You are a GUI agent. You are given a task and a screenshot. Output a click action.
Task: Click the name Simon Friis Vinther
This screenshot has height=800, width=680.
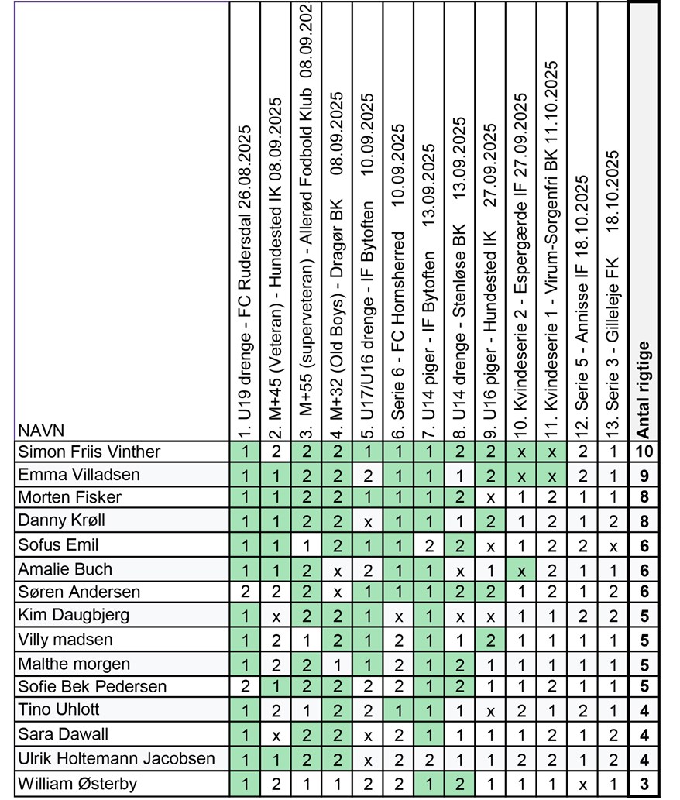click(x=89, y=452)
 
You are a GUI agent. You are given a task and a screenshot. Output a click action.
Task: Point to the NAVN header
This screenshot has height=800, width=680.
click(x=43, y=431)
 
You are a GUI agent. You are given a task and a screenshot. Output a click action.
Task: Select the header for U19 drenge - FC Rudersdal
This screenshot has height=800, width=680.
click(x=246, y=279)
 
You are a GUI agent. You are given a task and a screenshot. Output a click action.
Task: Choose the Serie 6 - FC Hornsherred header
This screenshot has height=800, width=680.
click(x=399, y=279)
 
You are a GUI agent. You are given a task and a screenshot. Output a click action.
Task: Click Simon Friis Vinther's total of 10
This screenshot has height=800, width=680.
click(x=644, y=452)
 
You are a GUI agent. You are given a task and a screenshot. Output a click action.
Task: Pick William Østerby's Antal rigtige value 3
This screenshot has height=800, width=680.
click(x=644, y=783)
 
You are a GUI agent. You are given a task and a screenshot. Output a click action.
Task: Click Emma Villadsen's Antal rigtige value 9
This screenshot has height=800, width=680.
click(x=644, y=475)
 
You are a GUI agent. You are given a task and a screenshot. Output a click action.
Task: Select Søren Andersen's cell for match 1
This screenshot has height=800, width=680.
click(x=246, y=592)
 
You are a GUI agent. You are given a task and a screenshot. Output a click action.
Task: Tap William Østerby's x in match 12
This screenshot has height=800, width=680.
click(x=583, y=783)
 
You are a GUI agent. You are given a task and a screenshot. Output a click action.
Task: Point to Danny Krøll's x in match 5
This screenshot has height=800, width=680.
click(x=369, y=522)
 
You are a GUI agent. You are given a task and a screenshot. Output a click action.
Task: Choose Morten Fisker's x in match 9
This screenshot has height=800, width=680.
click(x=491, y=498)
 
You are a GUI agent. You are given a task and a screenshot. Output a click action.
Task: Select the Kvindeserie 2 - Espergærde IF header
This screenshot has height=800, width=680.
click(x=521, y=263)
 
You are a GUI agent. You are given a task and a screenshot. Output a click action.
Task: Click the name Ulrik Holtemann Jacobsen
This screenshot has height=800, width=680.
click(x=116, y=759)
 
